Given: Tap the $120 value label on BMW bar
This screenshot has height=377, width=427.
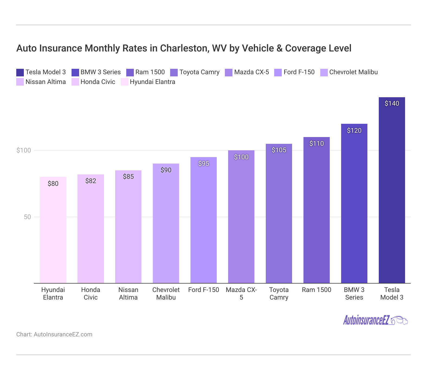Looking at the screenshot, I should click(x=354, y=131).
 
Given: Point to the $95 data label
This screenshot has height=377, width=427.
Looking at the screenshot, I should click(x=203, y=164).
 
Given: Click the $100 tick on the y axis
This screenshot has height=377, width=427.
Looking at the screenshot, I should click(x=24, y=150).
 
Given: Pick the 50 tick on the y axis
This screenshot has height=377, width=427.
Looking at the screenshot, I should click(x=27, y=217).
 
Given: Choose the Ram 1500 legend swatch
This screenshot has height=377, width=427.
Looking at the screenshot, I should click(x=130, y=73).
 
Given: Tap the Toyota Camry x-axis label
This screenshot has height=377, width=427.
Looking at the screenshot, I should click(x=279, y=294).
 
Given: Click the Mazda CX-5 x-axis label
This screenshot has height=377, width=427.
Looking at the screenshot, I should click(x=241, y=294).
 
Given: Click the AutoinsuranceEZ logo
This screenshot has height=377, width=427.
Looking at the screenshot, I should click(x=375, y=320).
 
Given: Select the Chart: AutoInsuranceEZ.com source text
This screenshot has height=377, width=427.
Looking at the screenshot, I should click(x=54, y=334).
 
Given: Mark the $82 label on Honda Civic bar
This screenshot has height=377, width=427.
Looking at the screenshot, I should click(x=91, y=181).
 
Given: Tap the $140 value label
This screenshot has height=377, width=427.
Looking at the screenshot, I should click(x=392, y=103).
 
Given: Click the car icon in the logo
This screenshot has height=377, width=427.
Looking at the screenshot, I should click(x=400, y=320).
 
